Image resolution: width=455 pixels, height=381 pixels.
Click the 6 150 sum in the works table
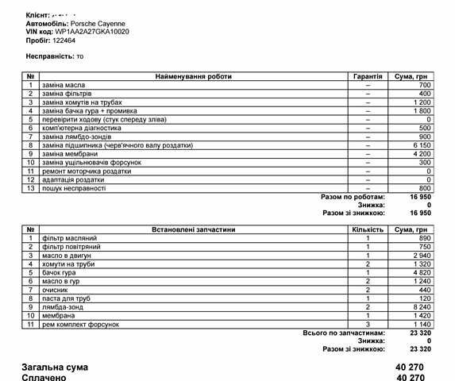(x=419, y=145)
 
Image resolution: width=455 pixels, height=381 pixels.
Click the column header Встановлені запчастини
(x=193, y=229)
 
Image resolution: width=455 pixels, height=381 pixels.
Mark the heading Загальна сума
(x=55, y=368)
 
